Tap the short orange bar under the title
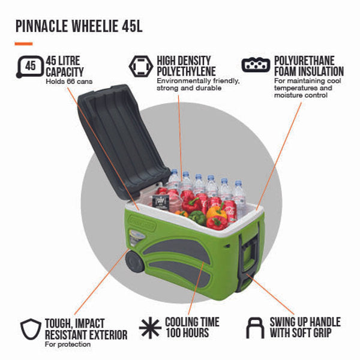click(x=23, y=44)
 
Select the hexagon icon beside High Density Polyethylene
click(x=140, y=65)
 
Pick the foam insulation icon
click(x=255, y=64)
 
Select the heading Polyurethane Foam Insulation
click(x=308, y=66)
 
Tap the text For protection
click(x=68, y=344)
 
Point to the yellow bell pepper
click(x=217, y=212)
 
